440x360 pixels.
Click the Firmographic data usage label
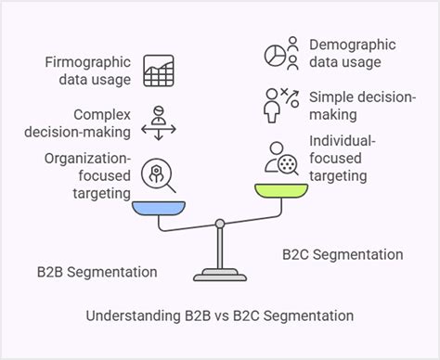coord(87,71)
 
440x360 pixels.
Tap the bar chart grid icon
coord(158,71)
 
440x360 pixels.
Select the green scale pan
coord(282,191)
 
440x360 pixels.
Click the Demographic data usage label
coord(352,53)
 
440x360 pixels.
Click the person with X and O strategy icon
coord(279,105)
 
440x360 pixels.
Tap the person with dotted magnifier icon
coord(279,157)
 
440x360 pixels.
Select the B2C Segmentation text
coord(343,254)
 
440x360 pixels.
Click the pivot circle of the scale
coord(220,223)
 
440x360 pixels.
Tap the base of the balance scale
coord(220,276)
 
